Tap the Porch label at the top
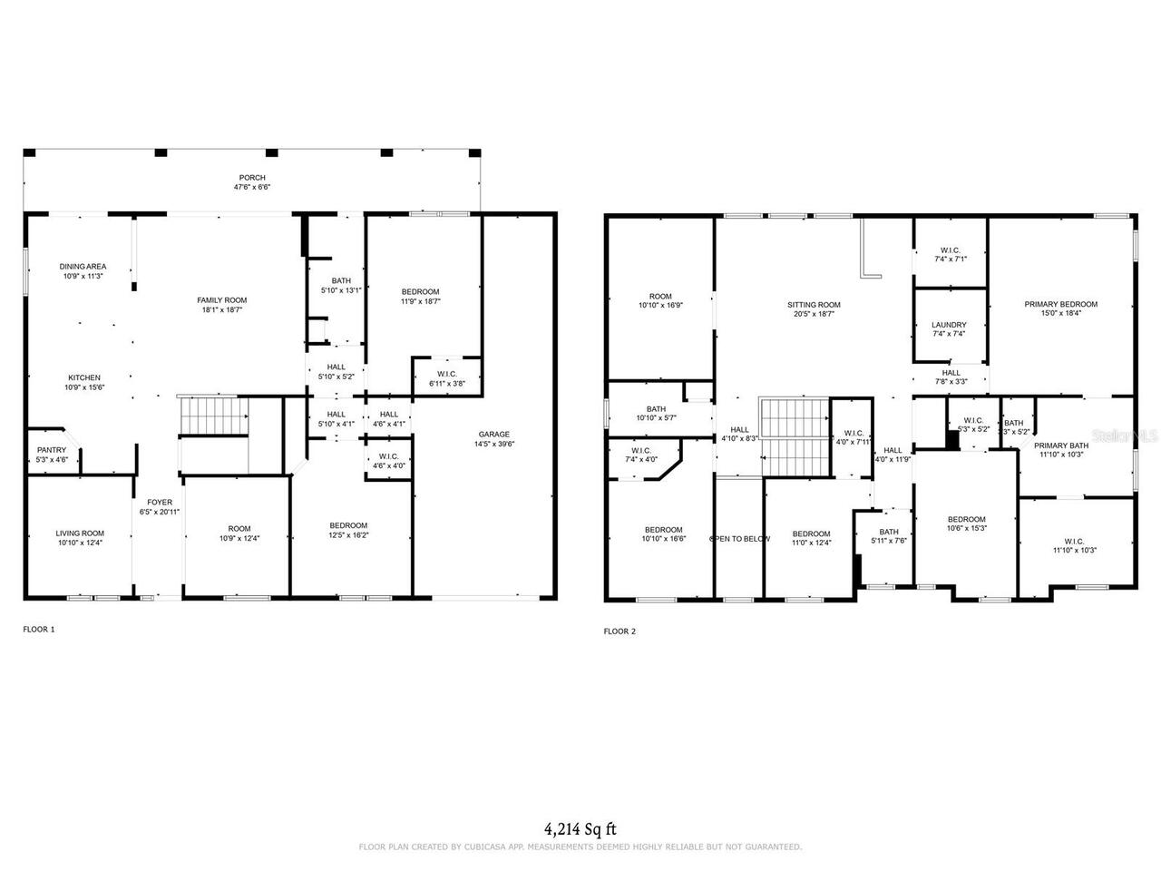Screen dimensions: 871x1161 [x=252, y=178]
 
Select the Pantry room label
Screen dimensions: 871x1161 [x=52, y=450]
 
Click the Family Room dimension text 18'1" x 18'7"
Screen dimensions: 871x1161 [x=222, y=309]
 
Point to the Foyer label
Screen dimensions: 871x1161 [x=160, y=502]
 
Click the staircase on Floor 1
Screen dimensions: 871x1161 [x=214, y=416]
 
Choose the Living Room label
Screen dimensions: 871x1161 [x=80, y=533]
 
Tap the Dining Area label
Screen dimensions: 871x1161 [x=83, y=266]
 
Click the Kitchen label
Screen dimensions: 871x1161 [x=84, y=377]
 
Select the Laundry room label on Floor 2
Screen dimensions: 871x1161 [x=949, y=324]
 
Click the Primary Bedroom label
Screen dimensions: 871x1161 [x=1060, y=304]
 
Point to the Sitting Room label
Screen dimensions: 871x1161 [x=814, y=305]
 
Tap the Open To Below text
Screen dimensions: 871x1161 [x=740, y=539]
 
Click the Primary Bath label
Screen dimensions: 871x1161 [x=1063, y=445]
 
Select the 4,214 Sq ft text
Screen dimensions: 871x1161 [x=580, y=828]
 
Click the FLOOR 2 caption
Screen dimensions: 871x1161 [x=620, y=631]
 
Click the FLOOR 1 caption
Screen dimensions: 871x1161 [x=39, y=628]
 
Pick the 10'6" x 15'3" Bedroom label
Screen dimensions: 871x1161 [x=966, y=519]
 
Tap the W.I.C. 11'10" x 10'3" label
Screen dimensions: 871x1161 [x=1075, y=541]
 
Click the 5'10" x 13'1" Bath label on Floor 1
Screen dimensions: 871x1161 [x=341, y=280]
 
